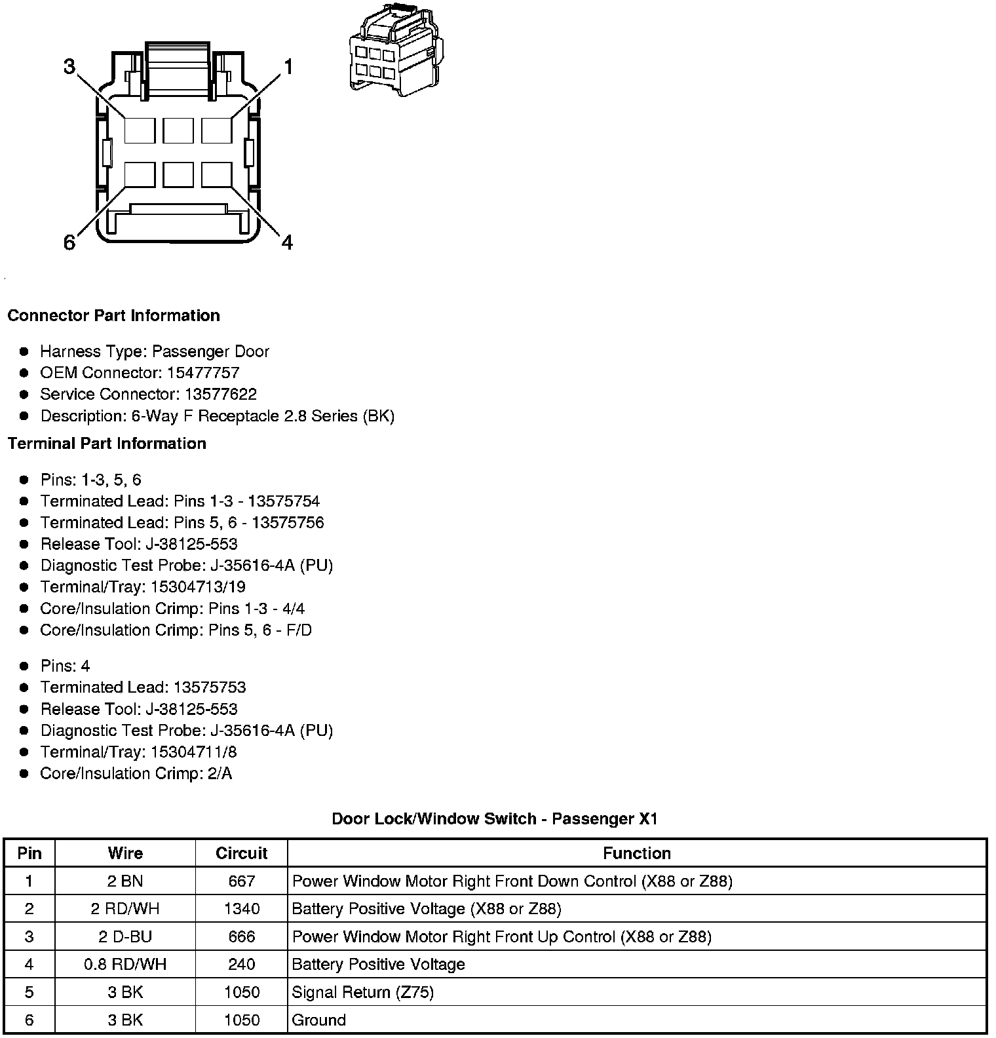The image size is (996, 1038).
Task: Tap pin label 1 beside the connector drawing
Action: coord(287,67)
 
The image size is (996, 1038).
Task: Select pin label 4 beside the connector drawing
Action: coord(287,242)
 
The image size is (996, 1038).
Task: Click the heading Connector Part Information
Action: coord(113,315)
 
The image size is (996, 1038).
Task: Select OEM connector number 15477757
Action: coord(203,373)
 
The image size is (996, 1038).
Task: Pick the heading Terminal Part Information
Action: coord(107,444)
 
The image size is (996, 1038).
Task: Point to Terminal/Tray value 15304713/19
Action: coord(198,587)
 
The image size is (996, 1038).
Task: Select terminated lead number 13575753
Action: coord(210,687)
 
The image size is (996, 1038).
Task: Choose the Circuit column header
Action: coord(241,853)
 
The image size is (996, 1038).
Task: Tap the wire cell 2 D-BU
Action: coord(125,936)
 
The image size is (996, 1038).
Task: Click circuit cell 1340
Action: coord(241,909)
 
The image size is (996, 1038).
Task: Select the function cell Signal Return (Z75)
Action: coord(362,992)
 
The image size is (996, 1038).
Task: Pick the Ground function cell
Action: coord(318,1020)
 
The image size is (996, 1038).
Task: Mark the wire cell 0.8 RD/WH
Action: coord(125,964)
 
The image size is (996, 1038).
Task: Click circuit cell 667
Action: coord(241,881)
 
